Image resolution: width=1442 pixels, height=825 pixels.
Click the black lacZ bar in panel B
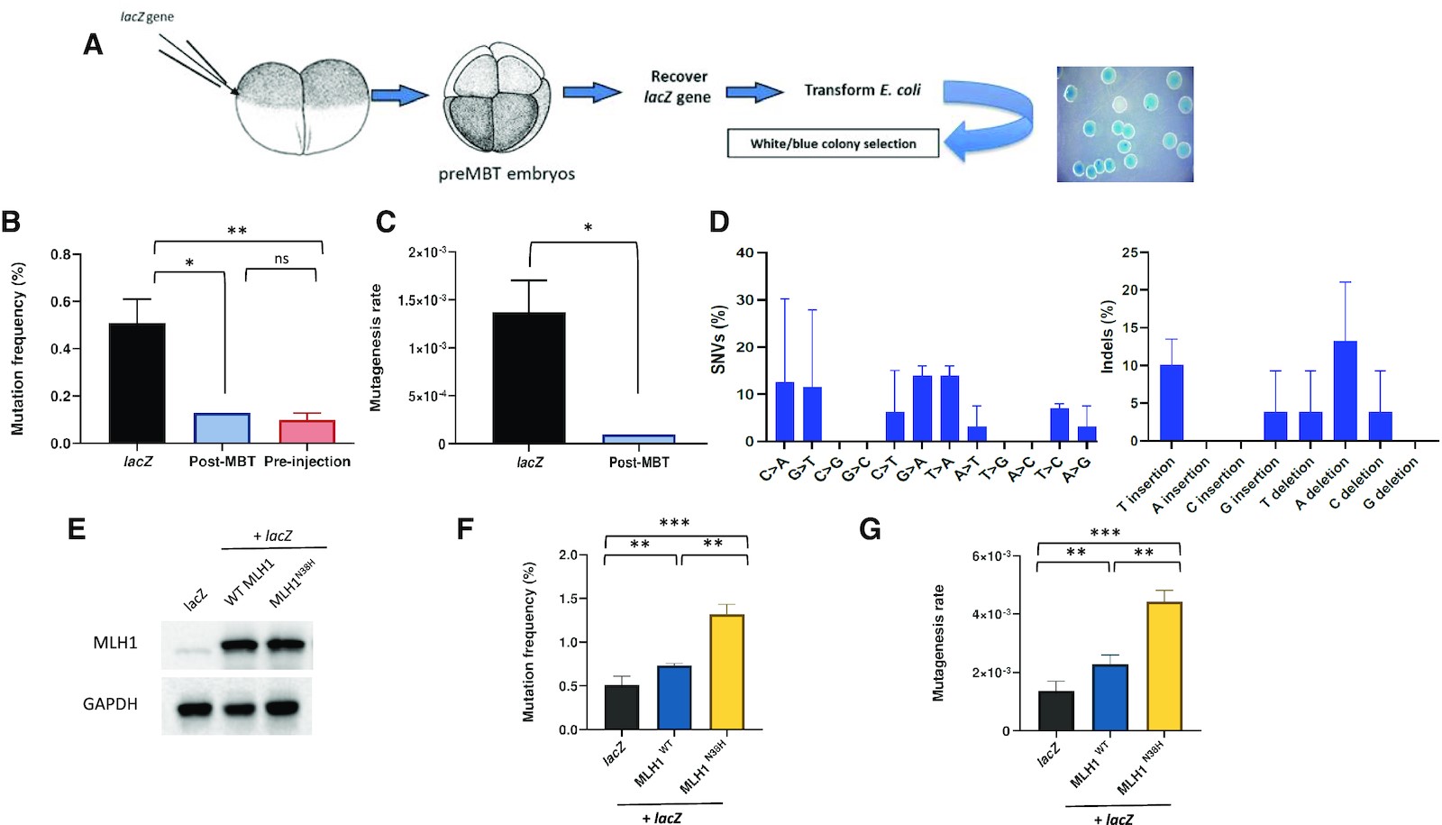click(137, 382)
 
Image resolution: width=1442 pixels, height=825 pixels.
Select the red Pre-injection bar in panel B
click(307, 431)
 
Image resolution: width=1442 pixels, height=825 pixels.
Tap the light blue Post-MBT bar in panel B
click(222, 427)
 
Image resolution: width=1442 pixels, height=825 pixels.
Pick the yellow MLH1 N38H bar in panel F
click(727, 672)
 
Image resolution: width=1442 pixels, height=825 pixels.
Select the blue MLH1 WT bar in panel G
click(1109, 697)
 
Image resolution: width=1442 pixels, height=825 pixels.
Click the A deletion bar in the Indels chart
click(1345, 390)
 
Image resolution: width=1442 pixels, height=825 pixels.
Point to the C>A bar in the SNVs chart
click(784, 411)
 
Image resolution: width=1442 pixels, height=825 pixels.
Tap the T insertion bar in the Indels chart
click(1171, 402)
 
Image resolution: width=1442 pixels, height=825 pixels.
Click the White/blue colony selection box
click(833, 143)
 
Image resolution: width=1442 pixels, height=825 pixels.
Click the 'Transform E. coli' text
click(862, 90)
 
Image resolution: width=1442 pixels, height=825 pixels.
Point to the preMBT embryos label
click(507, 174)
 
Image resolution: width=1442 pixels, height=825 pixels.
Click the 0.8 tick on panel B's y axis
click(60, 254)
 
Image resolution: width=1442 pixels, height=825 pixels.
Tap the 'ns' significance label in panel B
click(281, 259)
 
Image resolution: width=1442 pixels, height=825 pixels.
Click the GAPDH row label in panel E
click(110, 704)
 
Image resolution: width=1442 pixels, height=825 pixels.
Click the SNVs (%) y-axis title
click(718, 339)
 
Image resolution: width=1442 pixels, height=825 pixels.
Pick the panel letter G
click(871, 528)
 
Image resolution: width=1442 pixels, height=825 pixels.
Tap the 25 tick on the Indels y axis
click(1128, 252)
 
